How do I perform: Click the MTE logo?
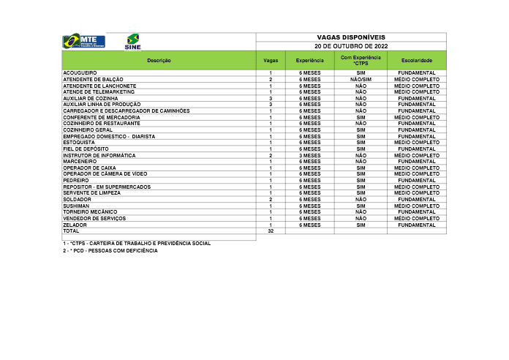(83, 41)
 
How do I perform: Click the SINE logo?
(133, 41)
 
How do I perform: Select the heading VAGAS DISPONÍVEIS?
(351, 37)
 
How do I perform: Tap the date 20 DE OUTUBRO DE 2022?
(351, 45)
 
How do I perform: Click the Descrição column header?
(159, 60)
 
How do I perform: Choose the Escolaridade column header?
(417, 60)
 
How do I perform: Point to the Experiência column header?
(310, 60)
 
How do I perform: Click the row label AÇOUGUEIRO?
(80, 73)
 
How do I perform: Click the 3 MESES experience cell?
(310, 155)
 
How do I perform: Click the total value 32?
(271, 230)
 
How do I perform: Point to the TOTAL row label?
(72, 230)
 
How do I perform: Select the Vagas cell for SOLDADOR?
(271, 199)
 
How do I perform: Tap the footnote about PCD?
(110, 250)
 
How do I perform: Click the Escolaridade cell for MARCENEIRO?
(417, 161)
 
